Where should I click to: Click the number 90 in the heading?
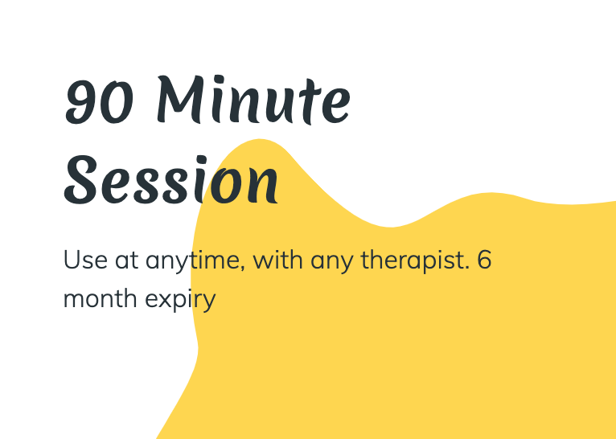99,101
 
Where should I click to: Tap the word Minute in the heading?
253,100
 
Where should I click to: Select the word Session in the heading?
171,180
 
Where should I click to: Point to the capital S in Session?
80,180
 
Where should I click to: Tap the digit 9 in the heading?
81,102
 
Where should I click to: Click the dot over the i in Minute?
219,80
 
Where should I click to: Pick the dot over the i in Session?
202,160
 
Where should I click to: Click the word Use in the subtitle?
85,260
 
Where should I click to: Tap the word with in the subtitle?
277,260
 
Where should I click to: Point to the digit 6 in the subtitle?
485,260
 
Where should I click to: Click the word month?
100,298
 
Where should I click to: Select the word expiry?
180,301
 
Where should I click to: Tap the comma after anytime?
242,269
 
